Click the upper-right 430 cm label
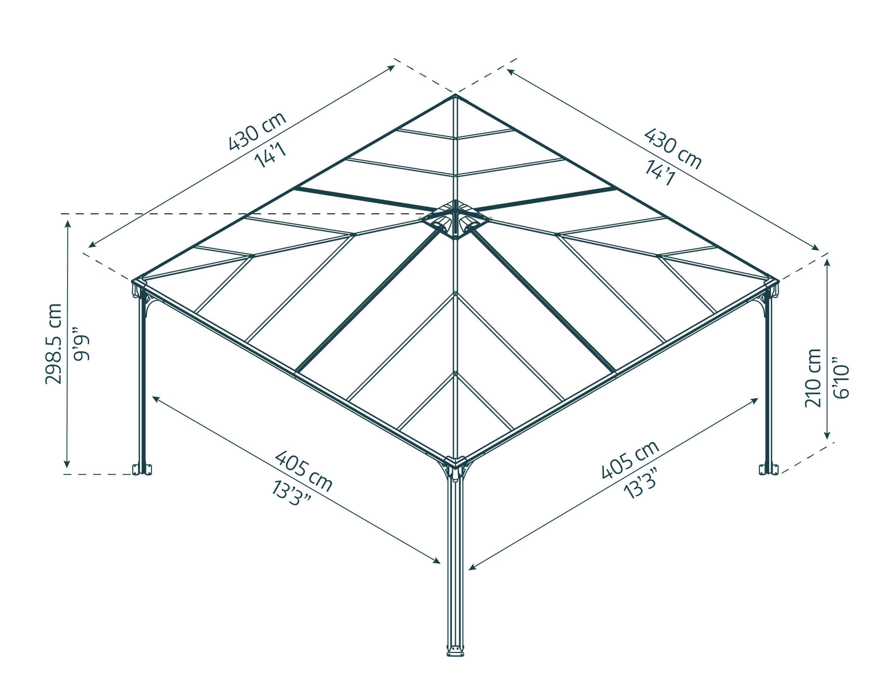672,149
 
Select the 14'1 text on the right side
660,173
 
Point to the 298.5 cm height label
54,344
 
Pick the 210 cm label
813,378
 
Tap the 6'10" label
841,378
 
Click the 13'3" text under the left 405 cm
291,493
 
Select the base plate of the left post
142,469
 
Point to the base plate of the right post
769,469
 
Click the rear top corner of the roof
455,96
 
